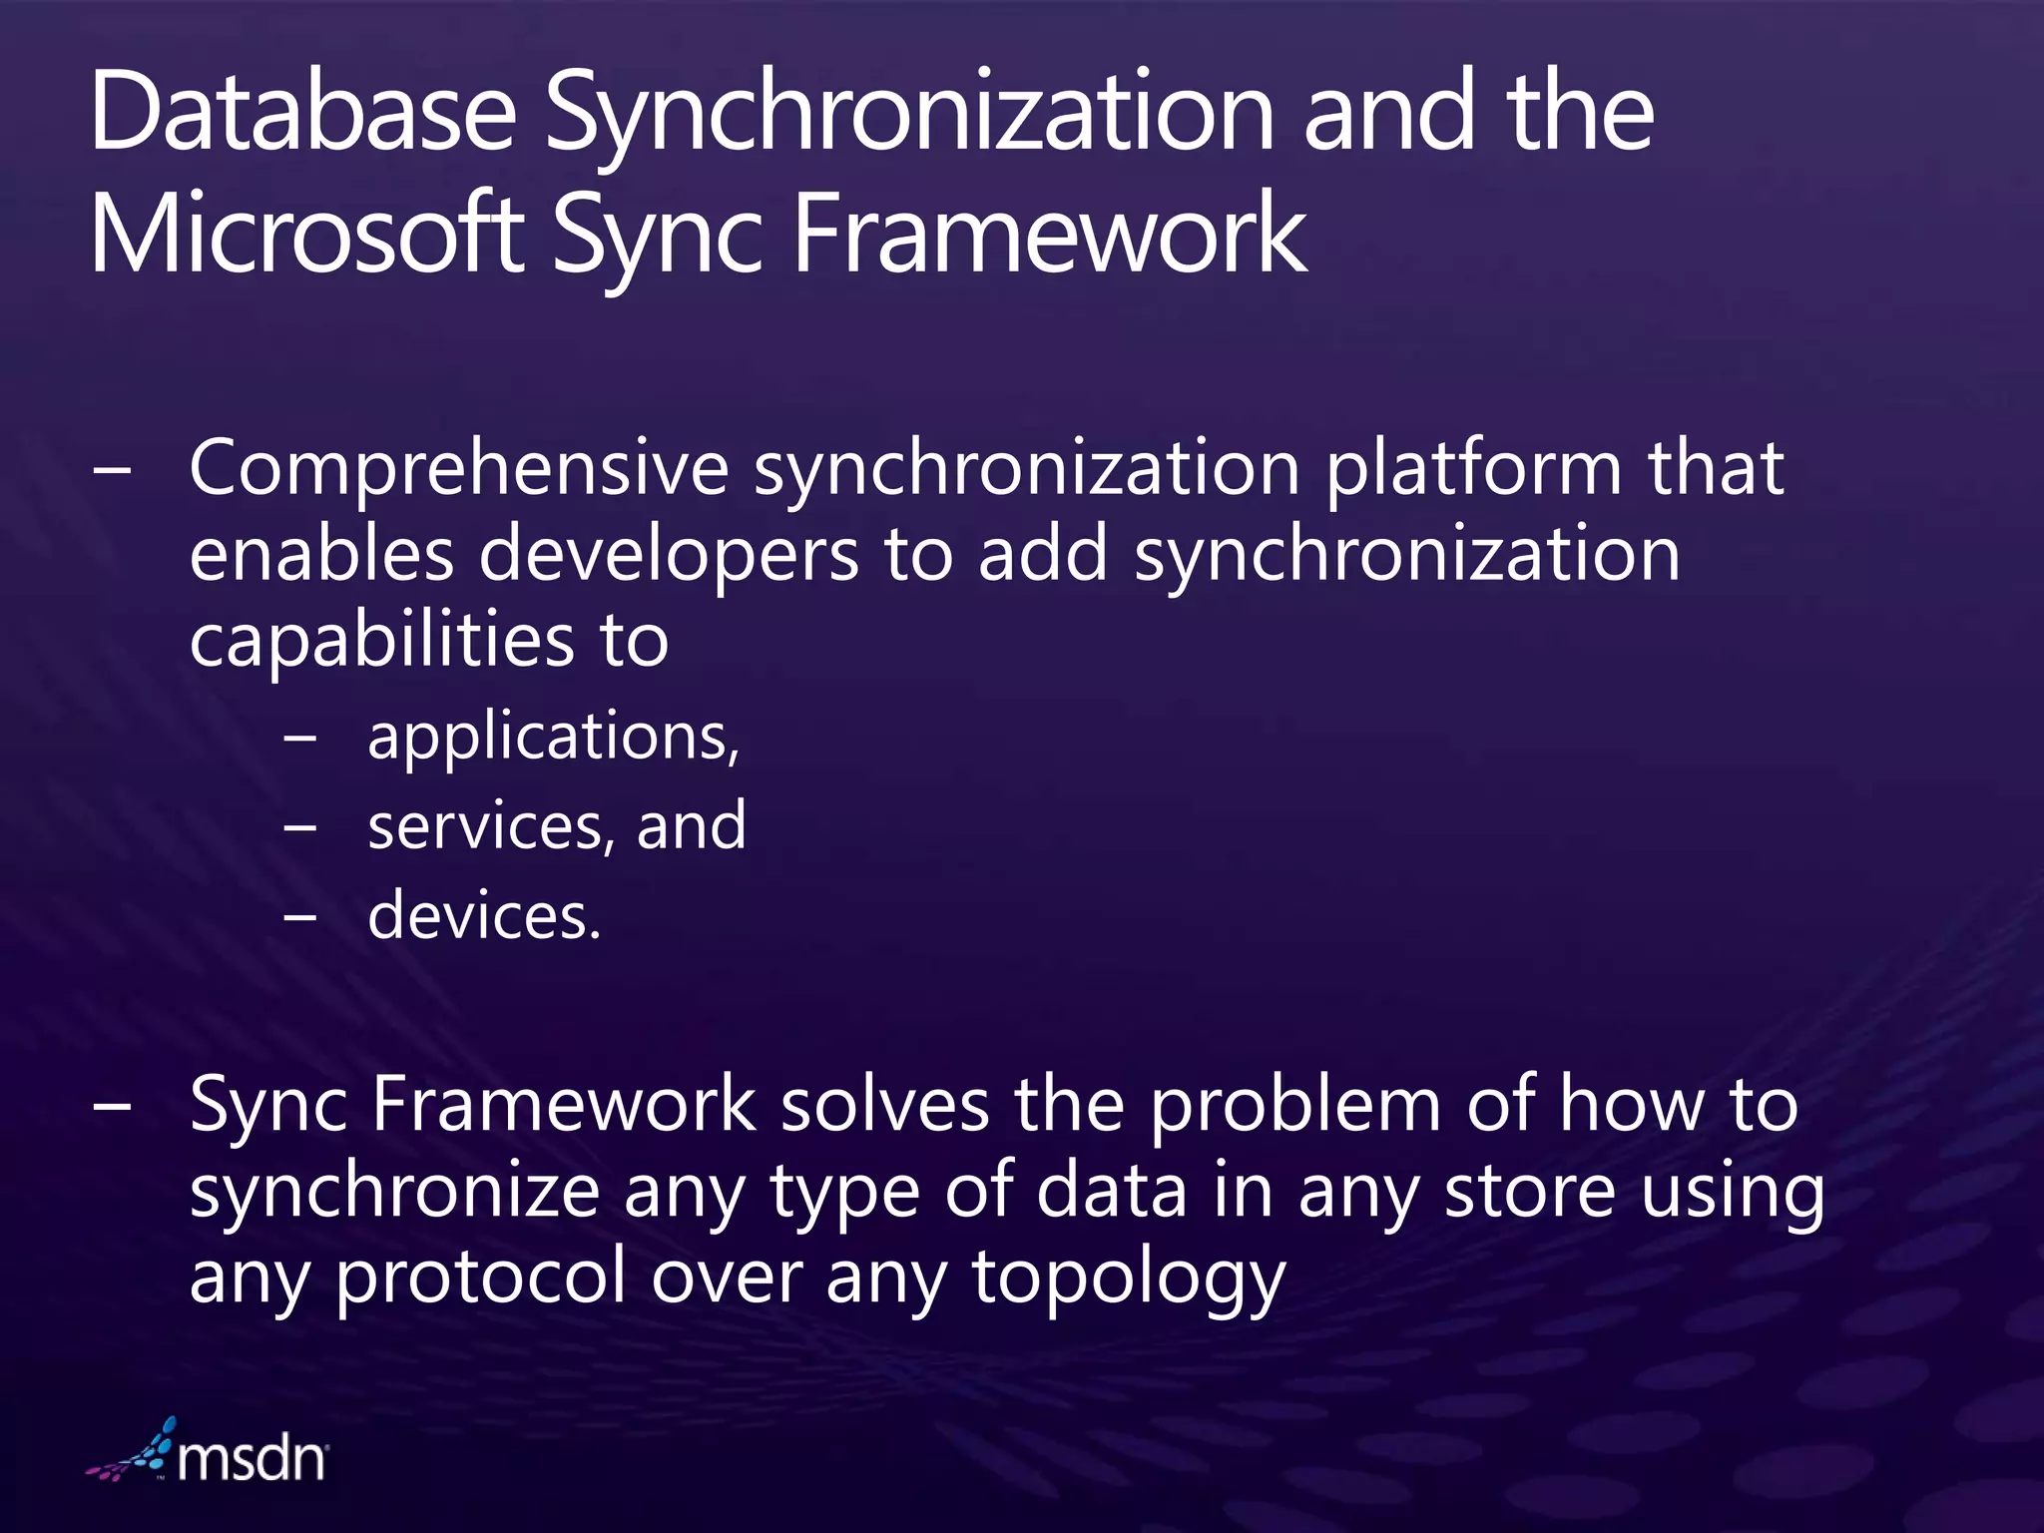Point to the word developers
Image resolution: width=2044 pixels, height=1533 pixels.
[669, 555]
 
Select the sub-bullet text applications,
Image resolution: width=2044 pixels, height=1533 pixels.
[554, 737]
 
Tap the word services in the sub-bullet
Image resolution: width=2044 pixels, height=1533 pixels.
[485, 826]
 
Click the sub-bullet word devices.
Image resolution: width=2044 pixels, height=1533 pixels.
[484, 915]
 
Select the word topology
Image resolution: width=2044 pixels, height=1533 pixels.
[1129, 1278]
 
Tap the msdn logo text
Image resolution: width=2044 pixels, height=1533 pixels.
[252, 1459]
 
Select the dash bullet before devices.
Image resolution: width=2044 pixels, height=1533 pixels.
[299, 916]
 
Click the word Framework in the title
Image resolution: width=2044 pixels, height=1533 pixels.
[1049, 234]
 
